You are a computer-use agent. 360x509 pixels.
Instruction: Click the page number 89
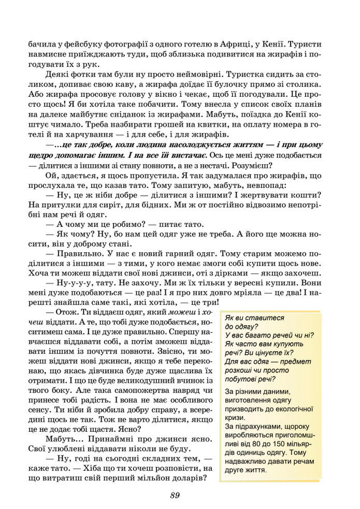click(175, 495)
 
